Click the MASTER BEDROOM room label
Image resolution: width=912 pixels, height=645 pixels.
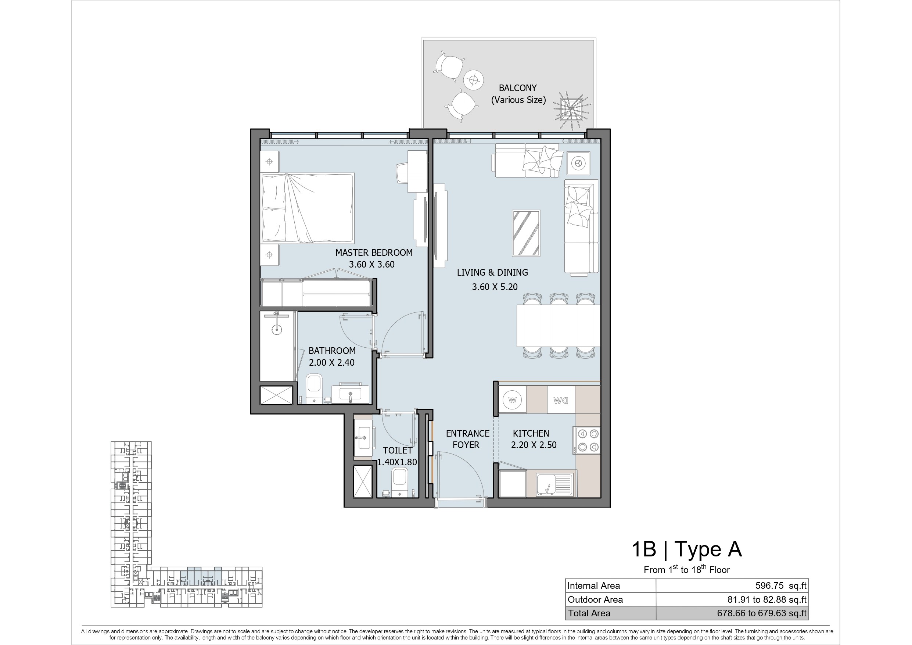(x=374, y=252)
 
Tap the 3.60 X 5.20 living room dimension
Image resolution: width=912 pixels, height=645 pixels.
(x=495, y=287)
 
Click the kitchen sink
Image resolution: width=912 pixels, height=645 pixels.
(x=554, y=485)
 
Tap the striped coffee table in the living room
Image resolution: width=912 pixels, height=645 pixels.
(x=526, y=233)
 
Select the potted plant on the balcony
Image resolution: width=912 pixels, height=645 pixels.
(x=570, y=109)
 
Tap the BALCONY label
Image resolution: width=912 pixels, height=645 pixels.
(x=518, y=88)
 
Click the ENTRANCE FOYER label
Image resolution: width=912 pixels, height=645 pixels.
(x=467, y=439)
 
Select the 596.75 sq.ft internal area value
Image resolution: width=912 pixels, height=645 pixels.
(x=781, y=586)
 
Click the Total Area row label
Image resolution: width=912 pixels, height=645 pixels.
(x=589, y=613)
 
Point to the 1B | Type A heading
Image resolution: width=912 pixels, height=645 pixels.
(x=686, y=549)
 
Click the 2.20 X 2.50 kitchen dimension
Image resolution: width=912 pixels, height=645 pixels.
(x=534, y=445)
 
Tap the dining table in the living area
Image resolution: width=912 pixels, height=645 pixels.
(x=559, y=326)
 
